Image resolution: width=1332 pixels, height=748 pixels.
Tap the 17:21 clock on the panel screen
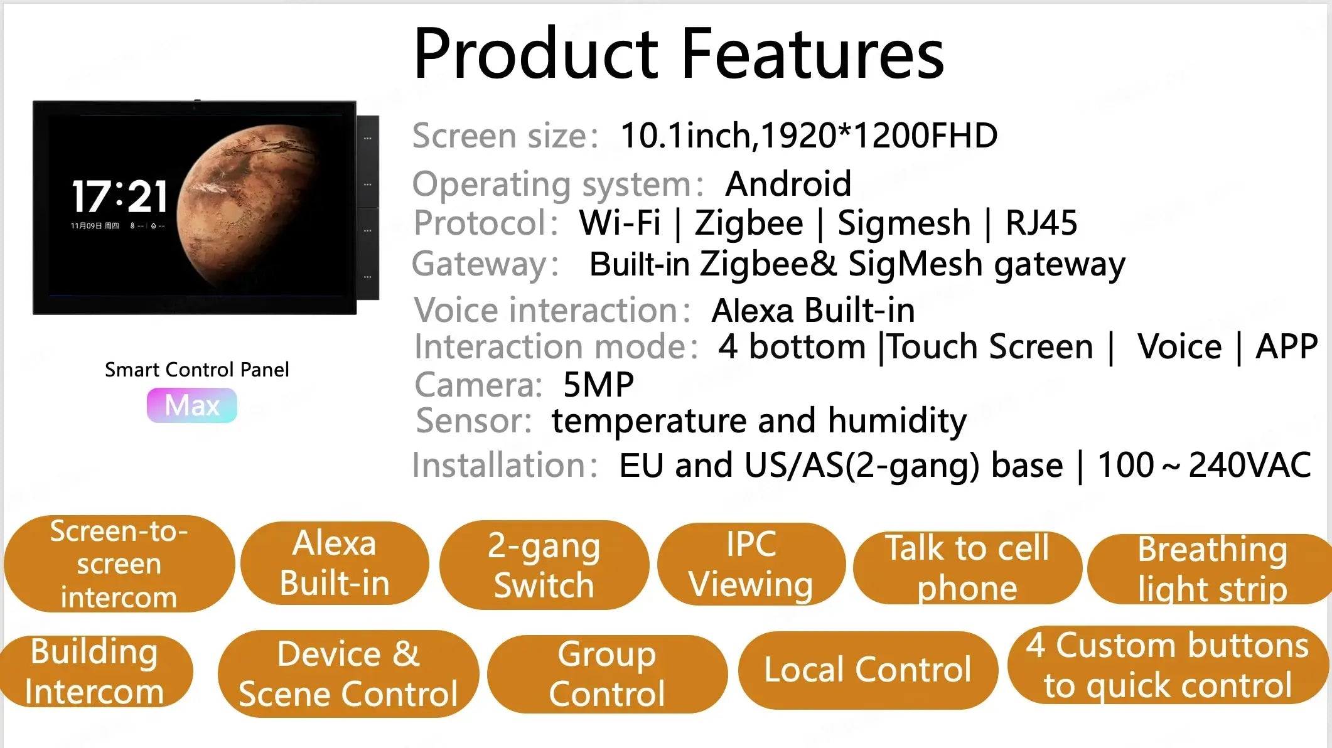point(119,196)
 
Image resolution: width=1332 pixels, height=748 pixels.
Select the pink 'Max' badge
point(192,405)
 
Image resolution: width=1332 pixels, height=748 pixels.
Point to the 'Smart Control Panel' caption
point(197,370)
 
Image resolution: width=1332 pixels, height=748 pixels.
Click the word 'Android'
point(788,184)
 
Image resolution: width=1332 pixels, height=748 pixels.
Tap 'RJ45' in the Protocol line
point(1041,223)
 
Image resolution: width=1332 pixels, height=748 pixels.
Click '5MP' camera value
point(599,385)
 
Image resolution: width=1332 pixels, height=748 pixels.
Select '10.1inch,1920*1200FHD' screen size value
point(809,136)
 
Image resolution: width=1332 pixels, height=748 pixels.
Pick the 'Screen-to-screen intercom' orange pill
point(119,564)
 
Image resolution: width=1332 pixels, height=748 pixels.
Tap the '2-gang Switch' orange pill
point(544,565)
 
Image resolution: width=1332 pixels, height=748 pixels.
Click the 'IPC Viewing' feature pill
point(751,564)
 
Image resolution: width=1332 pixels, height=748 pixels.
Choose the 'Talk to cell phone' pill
point(967,567)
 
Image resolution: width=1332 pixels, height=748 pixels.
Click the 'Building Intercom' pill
point(96,671)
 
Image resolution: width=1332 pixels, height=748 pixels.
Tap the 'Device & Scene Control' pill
point(348,673)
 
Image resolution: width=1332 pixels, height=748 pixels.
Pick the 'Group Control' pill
point(607,674)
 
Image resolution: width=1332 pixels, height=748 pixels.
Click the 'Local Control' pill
point(867,670)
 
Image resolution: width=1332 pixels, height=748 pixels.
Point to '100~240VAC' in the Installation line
point(1204,465)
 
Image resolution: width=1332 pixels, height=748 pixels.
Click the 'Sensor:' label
point(474,420)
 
